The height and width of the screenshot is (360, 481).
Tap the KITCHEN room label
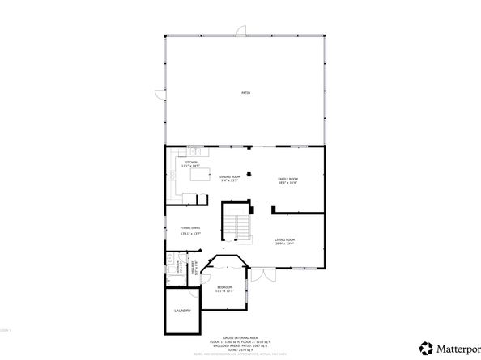tap(191, 162)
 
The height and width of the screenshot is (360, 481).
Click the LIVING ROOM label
tap(284, 240)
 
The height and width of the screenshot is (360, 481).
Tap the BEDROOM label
tap(224, 287)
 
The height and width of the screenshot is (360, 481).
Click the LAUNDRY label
tap(182, 311)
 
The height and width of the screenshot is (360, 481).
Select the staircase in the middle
tap(238, 223)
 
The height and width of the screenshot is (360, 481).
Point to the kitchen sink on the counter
tap(194, 151)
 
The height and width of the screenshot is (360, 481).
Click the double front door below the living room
tap(260, 275)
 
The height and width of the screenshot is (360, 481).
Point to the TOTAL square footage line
tap(240, 349)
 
